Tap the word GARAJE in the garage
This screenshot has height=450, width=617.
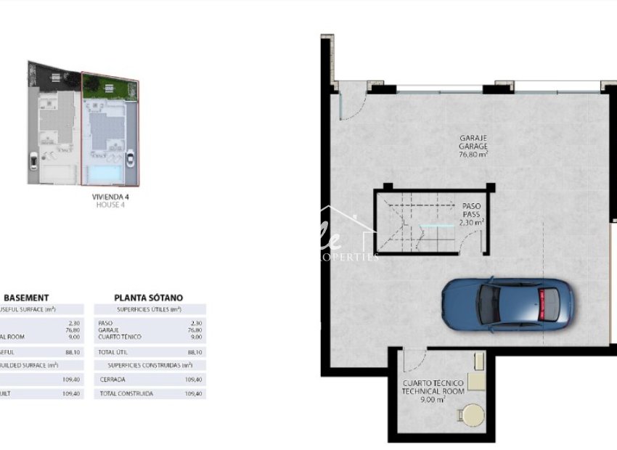[473, 138]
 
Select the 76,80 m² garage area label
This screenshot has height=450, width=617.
[473, 154]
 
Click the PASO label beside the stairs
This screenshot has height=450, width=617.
[470, 206]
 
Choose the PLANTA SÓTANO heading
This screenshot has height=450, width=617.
[149, 298]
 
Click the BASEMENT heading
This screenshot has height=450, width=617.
[27, 298]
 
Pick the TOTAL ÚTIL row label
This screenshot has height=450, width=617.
[113, 351]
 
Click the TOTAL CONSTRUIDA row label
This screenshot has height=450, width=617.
[126, 393]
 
